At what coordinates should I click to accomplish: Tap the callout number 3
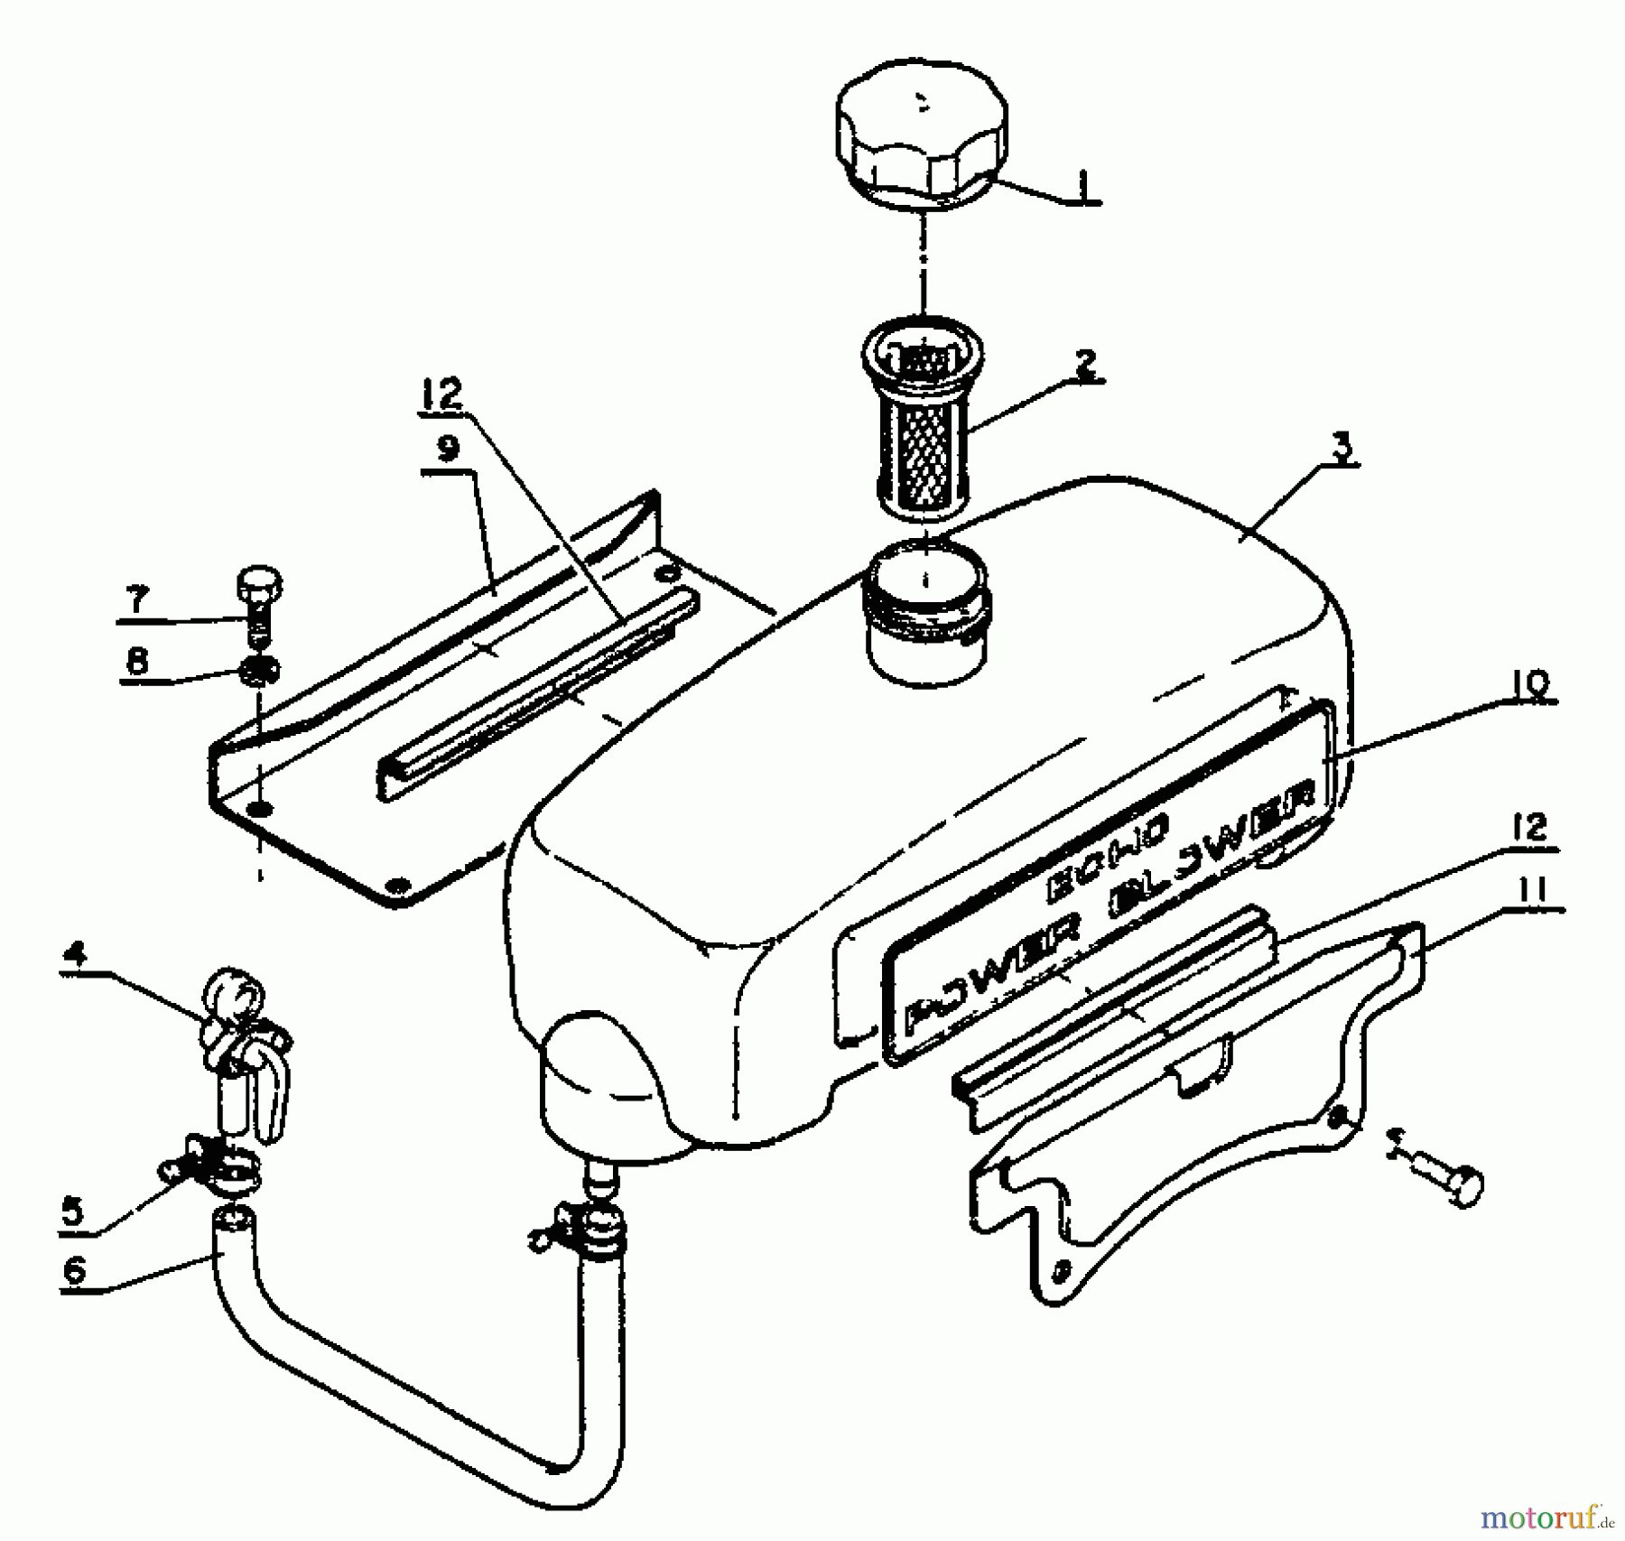(x=1342, y=449)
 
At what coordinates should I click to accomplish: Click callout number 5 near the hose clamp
(x=72, y=1210)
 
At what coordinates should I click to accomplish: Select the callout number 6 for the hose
(x=74, y=1270)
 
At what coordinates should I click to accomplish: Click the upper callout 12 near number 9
(x=441, y=395)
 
